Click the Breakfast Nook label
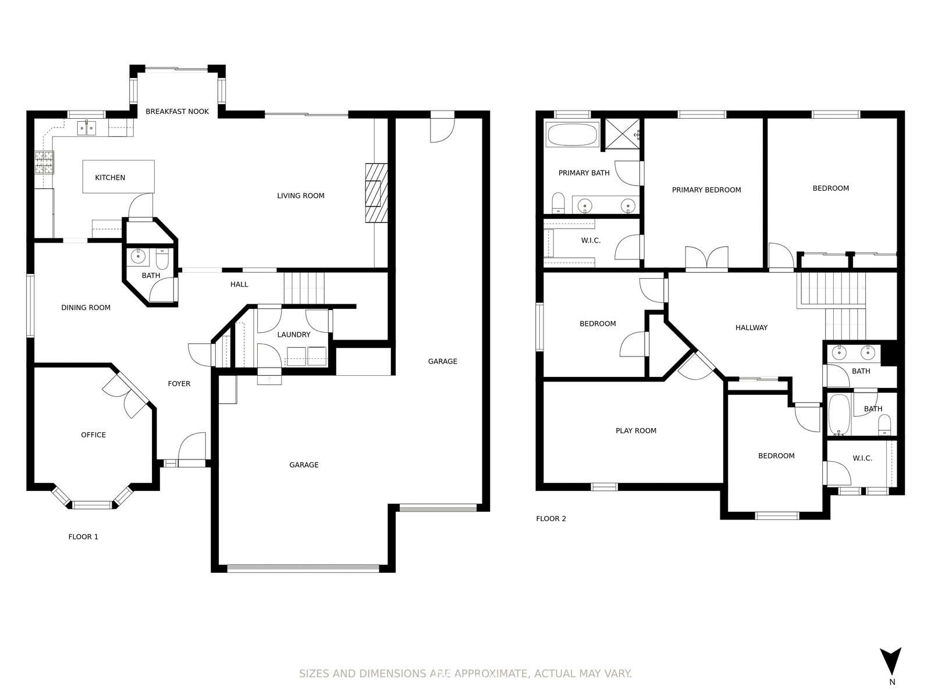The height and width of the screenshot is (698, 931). coord(177,112)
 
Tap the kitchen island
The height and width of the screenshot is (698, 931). coord(118,177)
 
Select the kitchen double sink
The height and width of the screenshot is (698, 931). coord(87,127)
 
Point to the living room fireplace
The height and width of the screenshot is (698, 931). coord(376,193)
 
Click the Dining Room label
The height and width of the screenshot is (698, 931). coord(86,308)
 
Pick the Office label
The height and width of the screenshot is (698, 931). coord(93,435)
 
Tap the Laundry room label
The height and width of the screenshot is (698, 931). coord(294,335)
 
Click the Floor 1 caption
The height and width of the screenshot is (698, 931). coord(83,537)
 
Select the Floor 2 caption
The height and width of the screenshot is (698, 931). coord(551,519)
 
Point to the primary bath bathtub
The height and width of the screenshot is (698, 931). coord(572,135)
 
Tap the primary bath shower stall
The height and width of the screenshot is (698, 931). coord(622,134)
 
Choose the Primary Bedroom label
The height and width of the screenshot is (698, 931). coord(706,190)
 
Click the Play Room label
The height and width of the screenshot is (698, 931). coord(636,430)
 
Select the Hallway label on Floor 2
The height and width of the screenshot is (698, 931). coord(752,327)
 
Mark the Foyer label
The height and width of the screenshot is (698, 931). coord(179,383)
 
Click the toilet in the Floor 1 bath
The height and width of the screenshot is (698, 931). coord(162,259)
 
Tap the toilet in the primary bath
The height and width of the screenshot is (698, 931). coord(559,203)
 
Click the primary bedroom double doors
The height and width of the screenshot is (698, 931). coord(706,258)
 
